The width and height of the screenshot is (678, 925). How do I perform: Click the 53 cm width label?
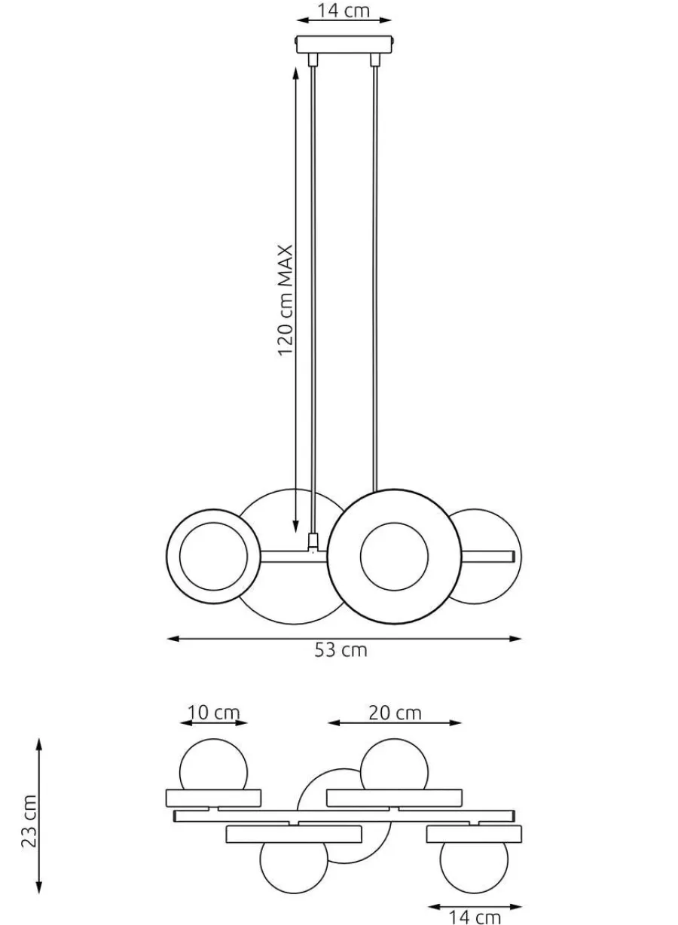341,650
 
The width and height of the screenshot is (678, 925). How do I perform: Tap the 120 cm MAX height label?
285,301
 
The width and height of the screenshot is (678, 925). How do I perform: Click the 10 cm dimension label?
213,713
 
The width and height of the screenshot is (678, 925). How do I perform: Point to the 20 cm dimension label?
395,713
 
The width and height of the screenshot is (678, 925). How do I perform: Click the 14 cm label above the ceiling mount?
343,11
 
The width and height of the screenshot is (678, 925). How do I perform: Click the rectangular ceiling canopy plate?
344,44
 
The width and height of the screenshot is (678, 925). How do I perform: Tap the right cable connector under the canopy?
374,60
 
